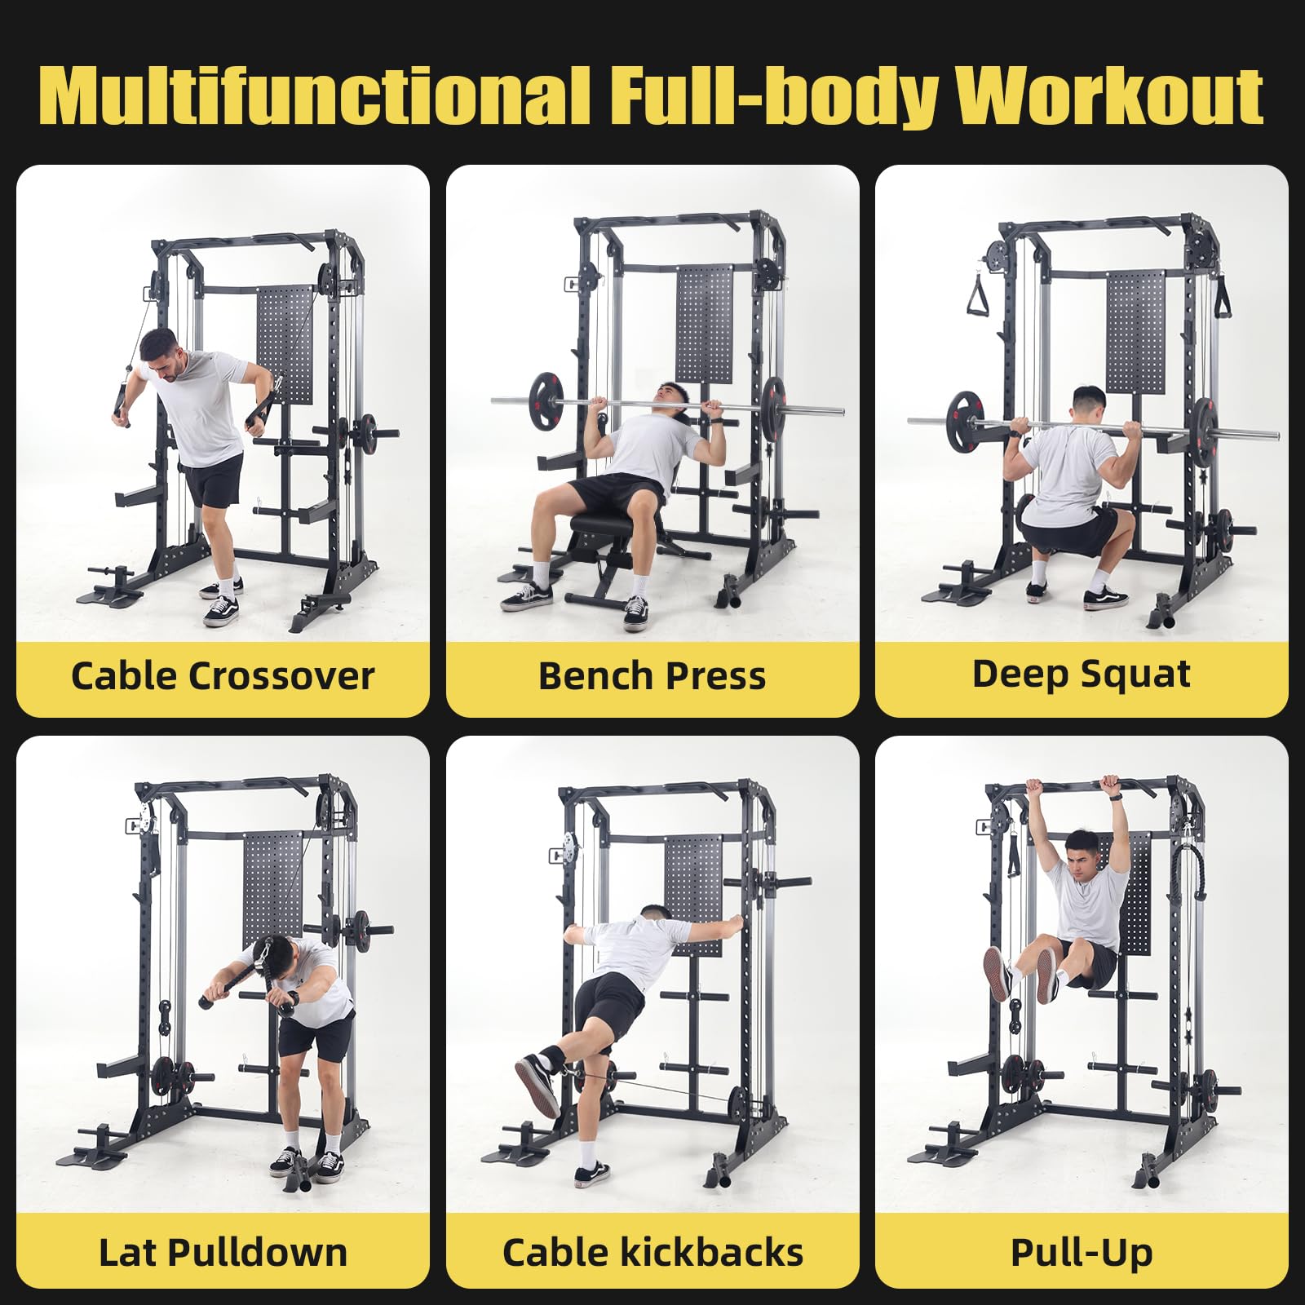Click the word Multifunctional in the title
click(x=314, y=96)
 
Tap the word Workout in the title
click(x=1109, y=96)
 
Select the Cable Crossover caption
click(x=222, y=676)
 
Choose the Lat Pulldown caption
click(x=222, y=1253)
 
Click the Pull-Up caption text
click(x=1082, y=1253)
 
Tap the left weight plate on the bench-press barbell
click(x=545, y=400)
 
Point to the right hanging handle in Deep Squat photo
click(x=1222, y=298)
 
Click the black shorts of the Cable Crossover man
click(x=213, y=481)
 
